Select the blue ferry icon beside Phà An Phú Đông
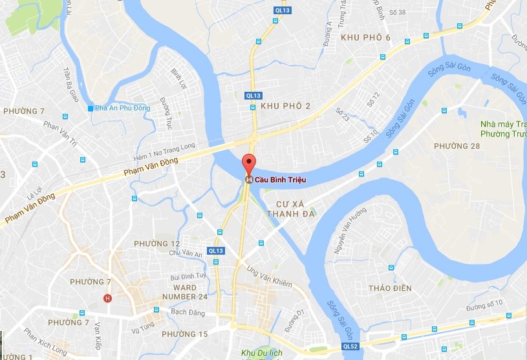[x=91, y=107]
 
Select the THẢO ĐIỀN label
[x=389, y=288]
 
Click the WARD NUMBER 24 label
[x=185, y=292]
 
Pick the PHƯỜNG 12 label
[x=156, y=243]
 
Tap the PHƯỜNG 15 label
[x=185, y=334]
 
